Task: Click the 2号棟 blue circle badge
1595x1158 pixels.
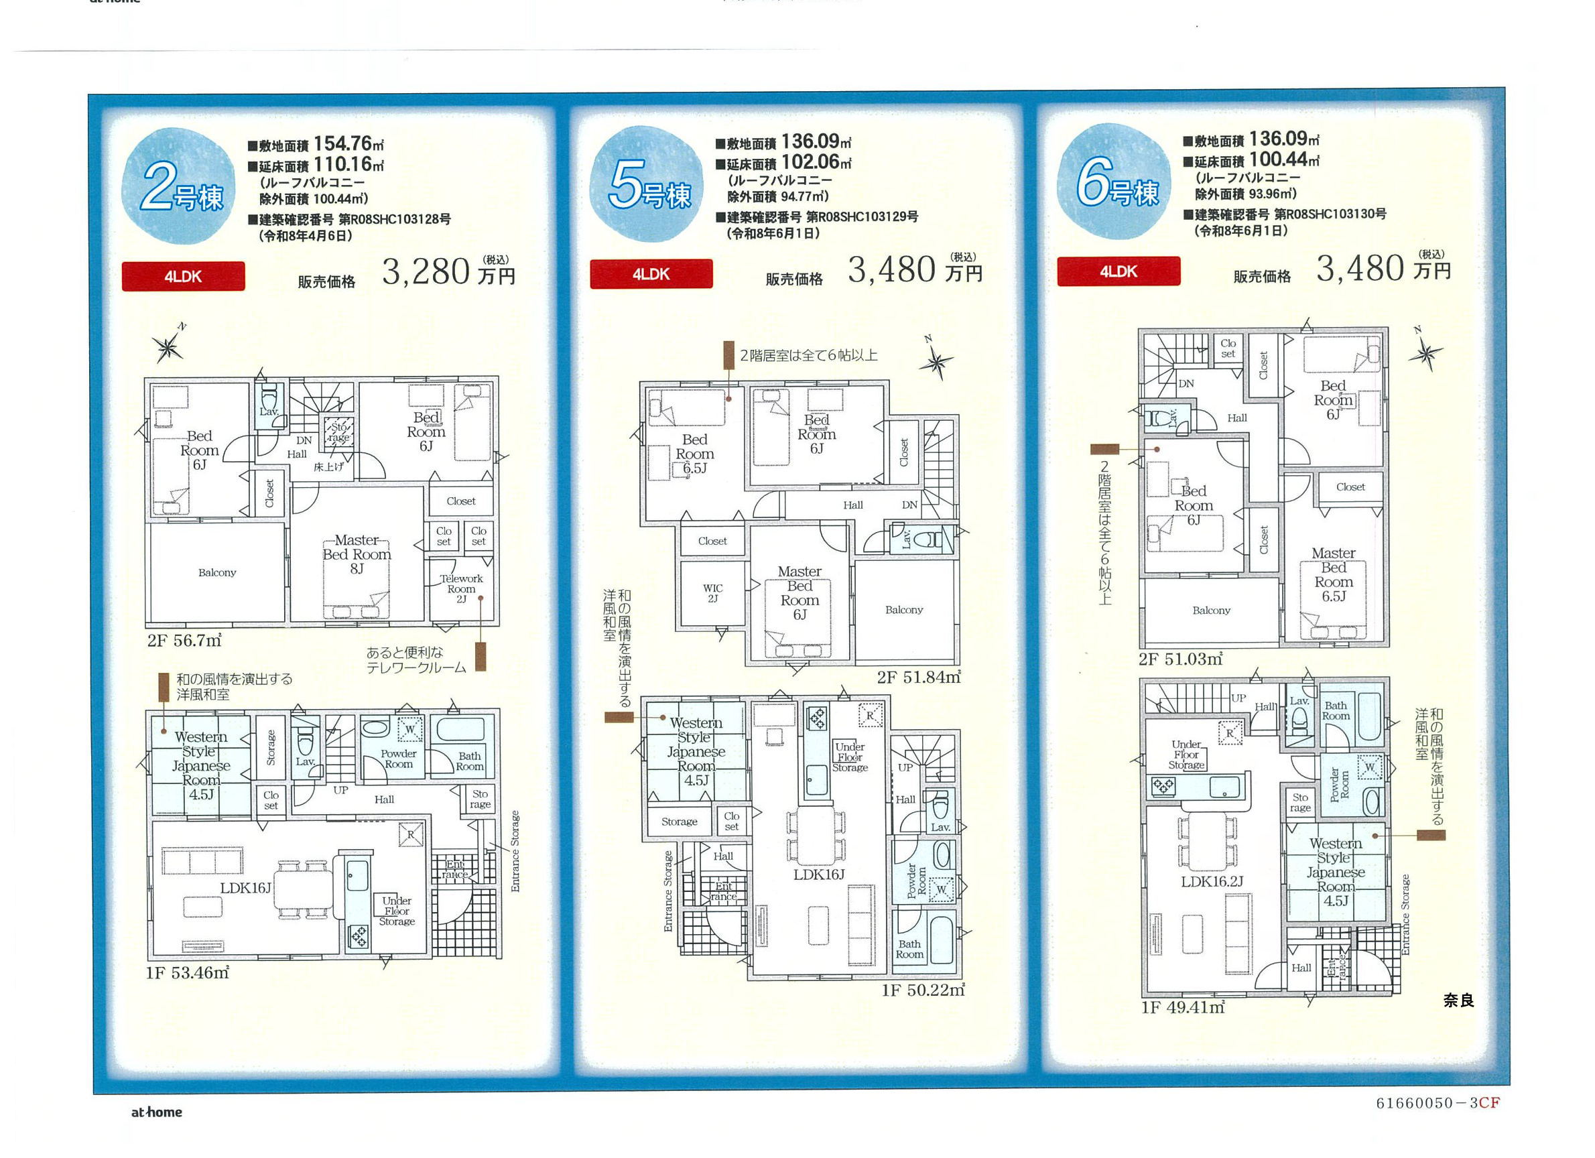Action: point(179,186)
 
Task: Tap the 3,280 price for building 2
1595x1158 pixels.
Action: point(426,271)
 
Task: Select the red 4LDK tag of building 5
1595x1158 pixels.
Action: point(651,274)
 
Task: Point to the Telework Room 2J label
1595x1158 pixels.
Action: point(461,588)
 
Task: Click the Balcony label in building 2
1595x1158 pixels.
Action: point(217,572)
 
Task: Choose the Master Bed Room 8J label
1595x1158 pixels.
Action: point(357,554)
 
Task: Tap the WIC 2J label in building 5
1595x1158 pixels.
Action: point(712,592)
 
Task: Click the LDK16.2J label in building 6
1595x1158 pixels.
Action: point(1212,881)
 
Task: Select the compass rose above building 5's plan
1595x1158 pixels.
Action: point(936,361)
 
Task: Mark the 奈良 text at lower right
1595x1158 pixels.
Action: point(1458,1000)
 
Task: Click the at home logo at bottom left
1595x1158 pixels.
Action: point(157,1112)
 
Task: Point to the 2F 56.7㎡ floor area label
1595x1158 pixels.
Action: point(184,641)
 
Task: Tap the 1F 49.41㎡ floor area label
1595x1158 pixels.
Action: point(1183,1007)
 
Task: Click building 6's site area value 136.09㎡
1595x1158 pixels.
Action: point(1284,139)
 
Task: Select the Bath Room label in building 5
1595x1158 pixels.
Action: point(909,949)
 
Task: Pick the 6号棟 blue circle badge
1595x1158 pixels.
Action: point(1114,182)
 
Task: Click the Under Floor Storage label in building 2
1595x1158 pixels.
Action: point(397,911)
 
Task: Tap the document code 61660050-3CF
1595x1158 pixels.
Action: point(1438,1103)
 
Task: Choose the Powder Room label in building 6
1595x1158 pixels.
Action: point(1340,785)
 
